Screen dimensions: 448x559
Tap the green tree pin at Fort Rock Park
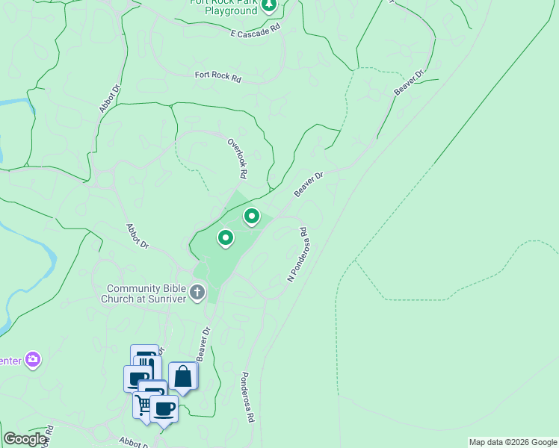(270, 5)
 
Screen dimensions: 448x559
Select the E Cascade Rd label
(255, 30)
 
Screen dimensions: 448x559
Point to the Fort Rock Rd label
(218, 77)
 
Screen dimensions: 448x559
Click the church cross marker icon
(197, 291)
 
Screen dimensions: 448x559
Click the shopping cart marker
(142, 405)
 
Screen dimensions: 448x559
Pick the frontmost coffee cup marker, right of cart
(164, 408)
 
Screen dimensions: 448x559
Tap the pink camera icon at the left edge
(32, 360)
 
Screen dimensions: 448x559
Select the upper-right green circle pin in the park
(252, 217)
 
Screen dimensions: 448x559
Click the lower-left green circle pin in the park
(225, 238)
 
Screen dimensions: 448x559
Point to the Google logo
(25, 439)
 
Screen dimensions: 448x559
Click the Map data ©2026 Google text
(513, 442)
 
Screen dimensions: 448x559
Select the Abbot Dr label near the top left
(110, 99)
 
